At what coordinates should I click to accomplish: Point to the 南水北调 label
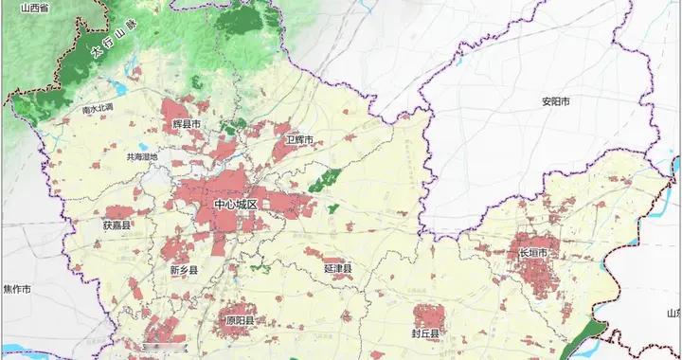point(99,108)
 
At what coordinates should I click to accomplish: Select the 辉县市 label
point(189,124)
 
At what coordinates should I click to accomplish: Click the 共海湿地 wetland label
point(142,157)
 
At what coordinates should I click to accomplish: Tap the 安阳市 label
point(529,101)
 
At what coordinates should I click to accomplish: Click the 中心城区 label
point(236,205)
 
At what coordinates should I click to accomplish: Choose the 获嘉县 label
point(117,225)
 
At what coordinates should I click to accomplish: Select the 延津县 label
point(337,270)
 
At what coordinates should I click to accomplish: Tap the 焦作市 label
point(17,289)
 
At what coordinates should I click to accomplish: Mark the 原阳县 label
point(239,321)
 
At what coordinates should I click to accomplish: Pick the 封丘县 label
point(425,333)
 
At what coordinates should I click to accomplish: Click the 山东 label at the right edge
point(673,313)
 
